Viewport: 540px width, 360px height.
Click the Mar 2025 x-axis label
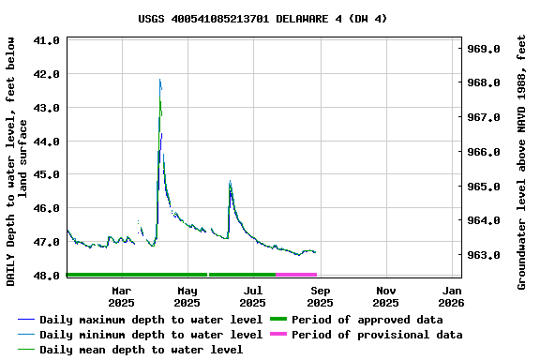[x=121, y=296]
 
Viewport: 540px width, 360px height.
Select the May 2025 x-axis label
[x=187, y=296]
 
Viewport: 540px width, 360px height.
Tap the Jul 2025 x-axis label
[x=252, y=296]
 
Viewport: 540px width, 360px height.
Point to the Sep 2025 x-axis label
[x=320, y=296]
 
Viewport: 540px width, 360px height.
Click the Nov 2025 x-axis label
[x=385, y=296]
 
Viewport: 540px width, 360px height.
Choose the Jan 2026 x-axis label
[x=451, y=296]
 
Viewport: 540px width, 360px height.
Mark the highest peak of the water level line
[x=160, y=81]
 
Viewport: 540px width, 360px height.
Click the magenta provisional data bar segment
[x=296, y=275]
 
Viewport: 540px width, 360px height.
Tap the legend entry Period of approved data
[x=367, y=320]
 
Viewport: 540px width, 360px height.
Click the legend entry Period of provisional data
[x=376, y=335]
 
